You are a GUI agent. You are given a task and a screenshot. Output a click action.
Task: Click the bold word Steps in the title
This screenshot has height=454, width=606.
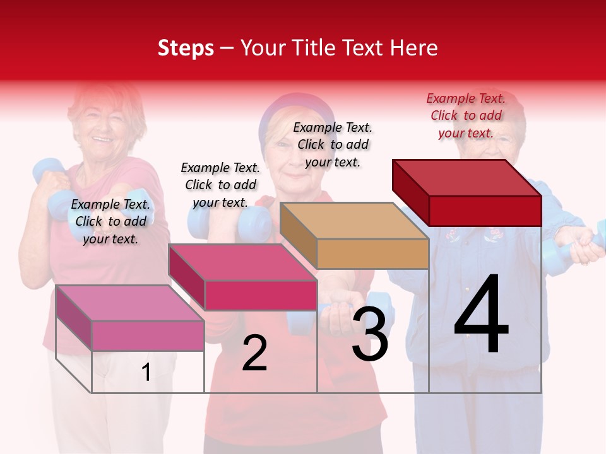(186, 48)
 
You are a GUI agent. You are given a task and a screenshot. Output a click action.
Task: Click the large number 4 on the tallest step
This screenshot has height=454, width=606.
(481, 315)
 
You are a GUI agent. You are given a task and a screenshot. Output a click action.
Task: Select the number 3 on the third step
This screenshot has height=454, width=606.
(369, 334)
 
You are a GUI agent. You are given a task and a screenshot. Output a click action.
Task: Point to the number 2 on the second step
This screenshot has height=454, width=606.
(254, 353)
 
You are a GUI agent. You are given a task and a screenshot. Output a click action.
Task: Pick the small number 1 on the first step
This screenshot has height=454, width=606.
(146, 373)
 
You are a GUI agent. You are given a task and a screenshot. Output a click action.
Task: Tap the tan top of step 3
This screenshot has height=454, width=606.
(354, 221)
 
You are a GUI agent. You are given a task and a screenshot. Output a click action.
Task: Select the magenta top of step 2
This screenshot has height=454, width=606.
(242, 262)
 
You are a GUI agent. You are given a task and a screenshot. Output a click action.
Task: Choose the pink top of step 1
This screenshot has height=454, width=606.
(130, 303)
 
